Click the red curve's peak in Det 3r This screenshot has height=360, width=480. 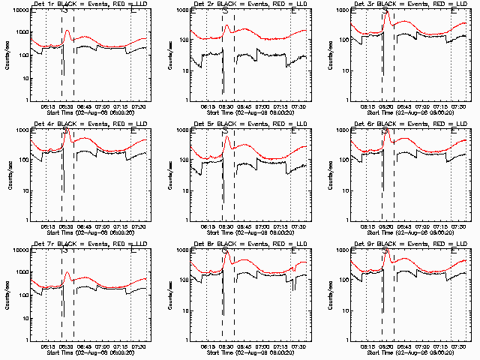(x=388, y=14)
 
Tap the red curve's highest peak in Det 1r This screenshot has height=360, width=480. (x=67, y=31)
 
